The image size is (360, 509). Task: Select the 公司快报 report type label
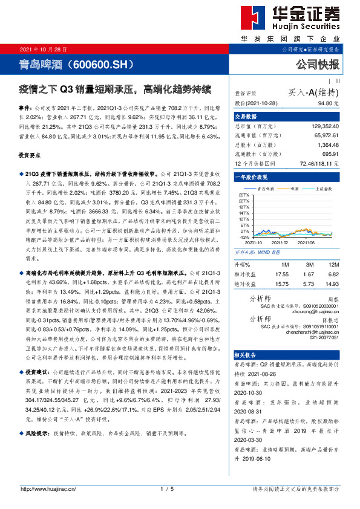[x=317, y=64]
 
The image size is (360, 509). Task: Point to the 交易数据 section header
[x=246, y=116]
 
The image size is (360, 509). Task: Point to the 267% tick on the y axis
[x=244, y=195]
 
